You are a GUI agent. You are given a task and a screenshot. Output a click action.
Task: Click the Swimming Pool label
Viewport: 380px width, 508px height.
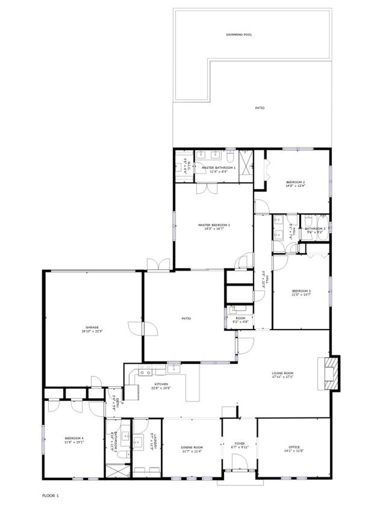pyautogui.click(x=239, y=35)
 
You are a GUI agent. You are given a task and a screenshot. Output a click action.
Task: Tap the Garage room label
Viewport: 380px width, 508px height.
pyautogui.click(x=92, y=327)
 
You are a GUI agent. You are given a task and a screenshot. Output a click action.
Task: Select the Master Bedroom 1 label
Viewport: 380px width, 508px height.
pyautogui.click(x=214, y=225)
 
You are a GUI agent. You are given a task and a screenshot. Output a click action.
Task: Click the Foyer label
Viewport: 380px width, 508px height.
pyautogui.click(x=240, y=444)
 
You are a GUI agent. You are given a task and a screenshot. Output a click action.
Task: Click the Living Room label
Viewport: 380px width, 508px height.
pyautogui.click(x=283, y=373)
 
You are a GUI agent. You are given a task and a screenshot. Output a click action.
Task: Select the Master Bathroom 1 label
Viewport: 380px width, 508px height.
pyautogui.click(x=218, y=168)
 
